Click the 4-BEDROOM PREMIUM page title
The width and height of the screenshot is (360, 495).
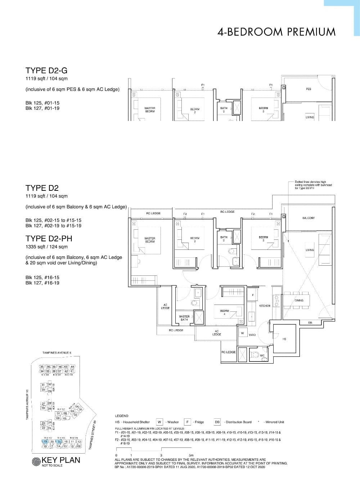coord(276,32)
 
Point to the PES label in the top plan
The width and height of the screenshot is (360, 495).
coord(309,89)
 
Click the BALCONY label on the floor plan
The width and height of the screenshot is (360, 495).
coord(309,218)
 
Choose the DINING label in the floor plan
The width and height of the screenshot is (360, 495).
coord(299,300)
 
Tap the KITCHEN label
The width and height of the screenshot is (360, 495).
coord(265,306)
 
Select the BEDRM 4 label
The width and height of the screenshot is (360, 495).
coord(224,312)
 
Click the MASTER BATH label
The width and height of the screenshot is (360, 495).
coord(184,318)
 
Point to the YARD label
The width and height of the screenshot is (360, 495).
coord(252,335)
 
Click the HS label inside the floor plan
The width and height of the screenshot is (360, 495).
coord(284,339)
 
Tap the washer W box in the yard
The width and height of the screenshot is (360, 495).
coord(242,333)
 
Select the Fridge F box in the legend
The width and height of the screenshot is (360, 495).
coord(187,422)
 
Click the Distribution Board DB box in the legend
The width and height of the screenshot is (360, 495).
coord(217,422)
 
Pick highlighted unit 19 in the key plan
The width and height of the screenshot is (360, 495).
coord(45,441)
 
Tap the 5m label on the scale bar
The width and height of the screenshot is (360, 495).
coord(192,455)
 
